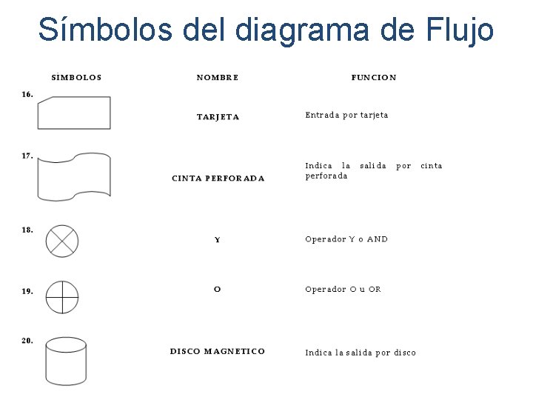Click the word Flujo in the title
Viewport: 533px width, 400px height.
pyautogui.click(x=460, y=30)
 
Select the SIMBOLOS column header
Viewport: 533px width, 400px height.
pyautogui.click(x=77, y=77)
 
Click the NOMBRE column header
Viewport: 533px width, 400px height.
pyautogui.click(x=218, y=77)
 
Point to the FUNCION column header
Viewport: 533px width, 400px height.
pyautogui.click(x=374, y=77)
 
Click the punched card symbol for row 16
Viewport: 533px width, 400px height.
pyautogui.click(x=74, y=113)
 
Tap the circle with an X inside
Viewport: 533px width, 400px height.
pyautogui.click(x=62, y=241)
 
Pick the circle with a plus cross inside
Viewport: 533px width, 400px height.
pyautogui.click(x=62, y=297)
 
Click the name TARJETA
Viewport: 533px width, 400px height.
pyautogui.click(x=218, y=117)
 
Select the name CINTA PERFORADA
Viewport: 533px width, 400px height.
pyautogui.click(x=218, y=178)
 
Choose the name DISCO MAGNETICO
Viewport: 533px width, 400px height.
pyautogui.click(x=218, y=351)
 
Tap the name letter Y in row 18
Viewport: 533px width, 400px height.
pyautogui.click(x=217, y=240)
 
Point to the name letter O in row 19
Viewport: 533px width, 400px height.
pyautogui.click(x=217, y=289)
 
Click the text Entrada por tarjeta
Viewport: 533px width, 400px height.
pyautogui.click(x=346, y=115)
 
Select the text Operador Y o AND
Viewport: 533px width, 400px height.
pyautogui.click(x=346, y=239)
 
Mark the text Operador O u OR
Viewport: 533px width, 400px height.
pyautogui.click(x=343, y=289)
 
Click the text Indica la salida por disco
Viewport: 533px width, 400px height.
pyautogui.click(x=361, y=353)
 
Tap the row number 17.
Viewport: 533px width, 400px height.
pyautogui.click(x=27, y=156)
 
